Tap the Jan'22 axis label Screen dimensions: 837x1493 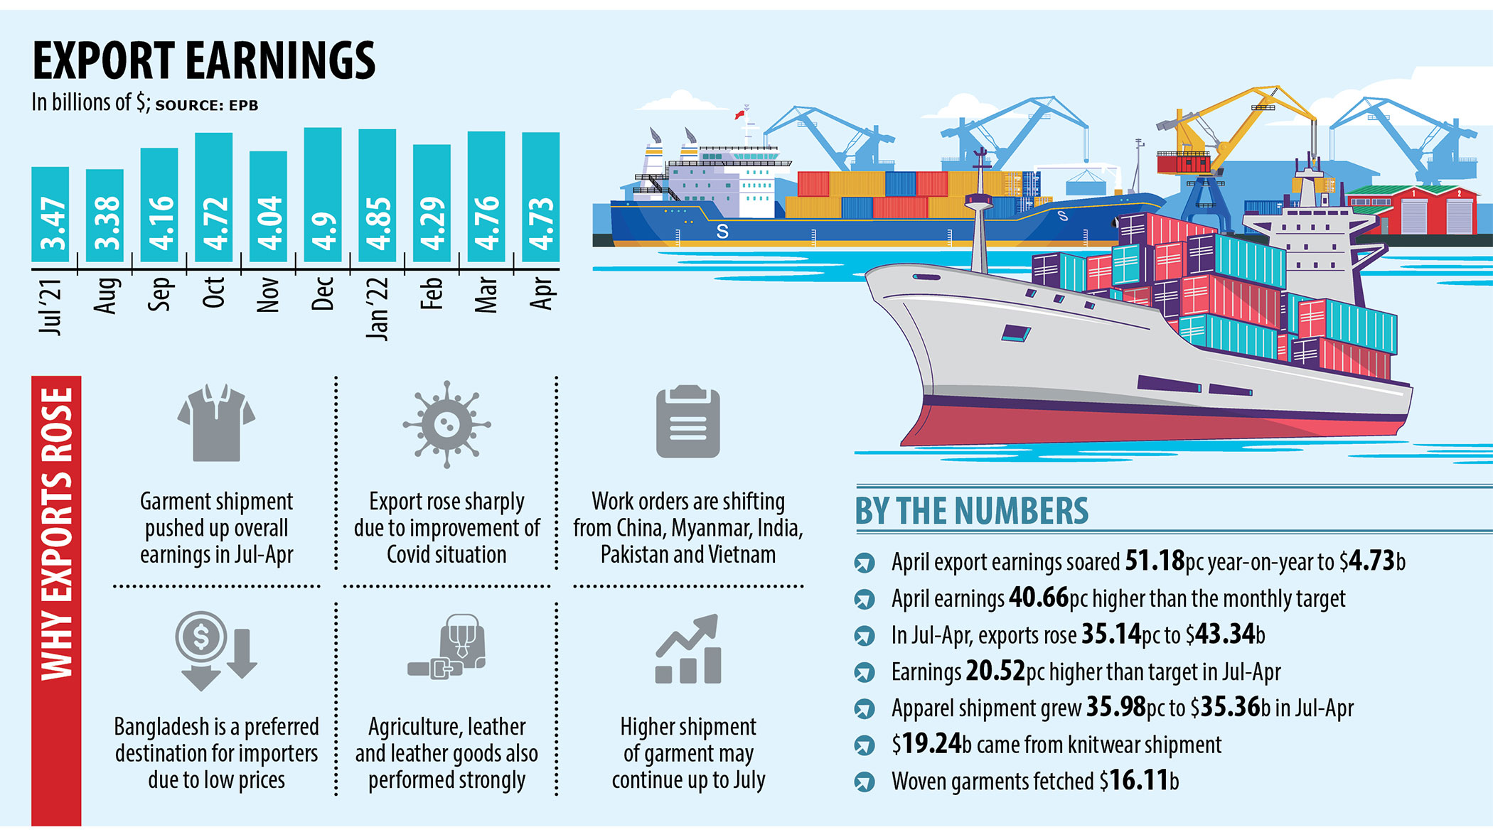tap(377, 308)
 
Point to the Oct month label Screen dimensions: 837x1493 tap(213, 292)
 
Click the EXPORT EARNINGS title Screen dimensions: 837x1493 tap(204, 61)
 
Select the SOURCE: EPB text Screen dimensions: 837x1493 tap(206, 106)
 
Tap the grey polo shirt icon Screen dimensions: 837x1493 tap(216, 423)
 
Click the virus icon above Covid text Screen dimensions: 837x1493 tap(446, 424)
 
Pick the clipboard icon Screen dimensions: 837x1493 tap(687, 422)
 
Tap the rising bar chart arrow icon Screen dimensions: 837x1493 tap(687, 649)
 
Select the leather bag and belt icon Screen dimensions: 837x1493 tap(447, 647)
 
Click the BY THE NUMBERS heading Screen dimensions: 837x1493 tap(971, 511)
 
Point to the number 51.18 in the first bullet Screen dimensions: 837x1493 tap(1155, 561)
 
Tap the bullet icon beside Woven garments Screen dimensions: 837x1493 tap(865, 782)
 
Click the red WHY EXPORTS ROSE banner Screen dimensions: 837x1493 tap(56, 600)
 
